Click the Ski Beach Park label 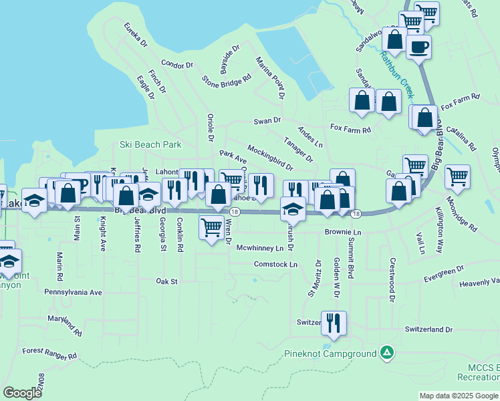pos(150,144)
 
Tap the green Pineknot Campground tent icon pos(386,352)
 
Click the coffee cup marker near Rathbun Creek pos(418,47)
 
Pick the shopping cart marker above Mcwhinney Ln pos(212,227)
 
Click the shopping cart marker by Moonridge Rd pos(457,177)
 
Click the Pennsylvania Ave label pos(73,292)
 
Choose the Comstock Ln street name pos(275,265)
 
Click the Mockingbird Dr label pos(270,156)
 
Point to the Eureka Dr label pos(136,35)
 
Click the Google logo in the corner pos(22,393)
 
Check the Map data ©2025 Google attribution pos(459,396)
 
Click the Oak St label pos(166,281)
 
